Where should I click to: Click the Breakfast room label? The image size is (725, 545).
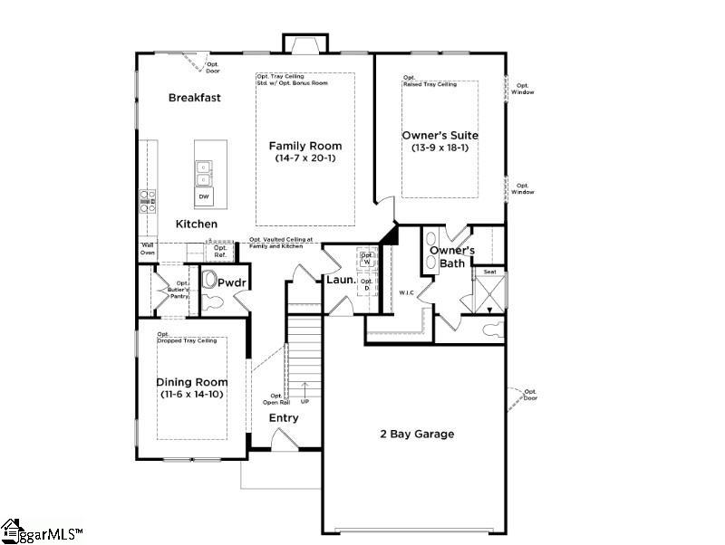(x=194, y=98)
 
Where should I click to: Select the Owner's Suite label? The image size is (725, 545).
(x=440, y=136)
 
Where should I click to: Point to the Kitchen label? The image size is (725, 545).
(x=196, y=224)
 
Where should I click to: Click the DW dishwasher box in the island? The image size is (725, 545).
(x=204, y=196)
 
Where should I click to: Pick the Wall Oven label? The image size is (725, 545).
(x=147, y=248)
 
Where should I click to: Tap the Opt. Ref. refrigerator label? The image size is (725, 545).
(x=195, y=252)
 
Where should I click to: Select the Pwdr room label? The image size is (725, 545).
(x=232, y=282)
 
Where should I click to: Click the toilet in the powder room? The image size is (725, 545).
(x=211, y=282)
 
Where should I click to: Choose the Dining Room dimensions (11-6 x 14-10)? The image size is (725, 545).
(x=191, y=396)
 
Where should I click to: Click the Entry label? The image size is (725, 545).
(x=283, y=417)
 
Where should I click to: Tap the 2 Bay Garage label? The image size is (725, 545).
(x=417, y=434)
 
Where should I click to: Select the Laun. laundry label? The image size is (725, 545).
(x=339, y=281)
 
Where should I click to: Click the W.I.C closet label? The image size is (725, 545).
(x=407, y=292)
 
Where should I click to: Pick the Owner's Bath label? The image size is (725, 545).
(x=447, y=256)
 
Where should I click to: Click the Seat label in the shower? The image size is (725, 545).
(x=489, y=272)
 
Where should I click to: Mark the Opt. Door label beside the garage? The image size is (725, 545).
(x=530, y=394)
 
